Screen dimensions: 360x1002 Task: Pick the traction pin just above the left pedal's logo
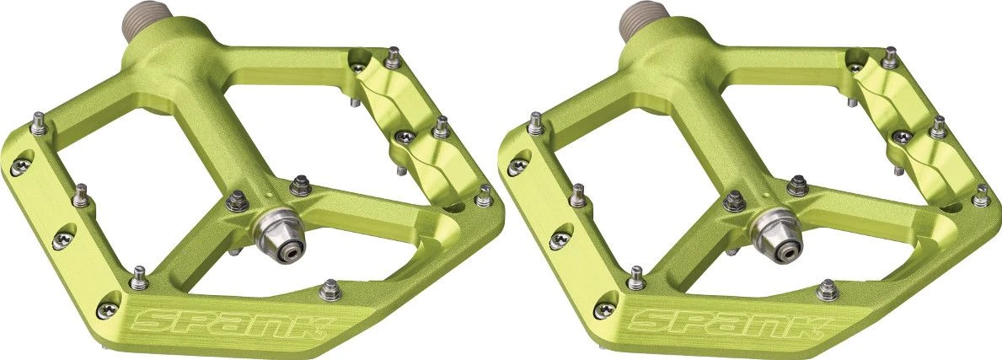click(331, 289)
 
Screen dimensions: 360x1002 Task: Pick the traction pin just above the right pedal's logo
click(828, 289)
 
